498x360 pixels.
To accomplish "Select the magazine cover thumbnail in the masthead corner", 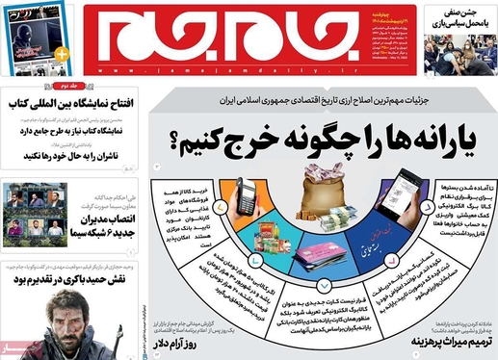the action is pyautogui.click(x=36, y=37).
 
